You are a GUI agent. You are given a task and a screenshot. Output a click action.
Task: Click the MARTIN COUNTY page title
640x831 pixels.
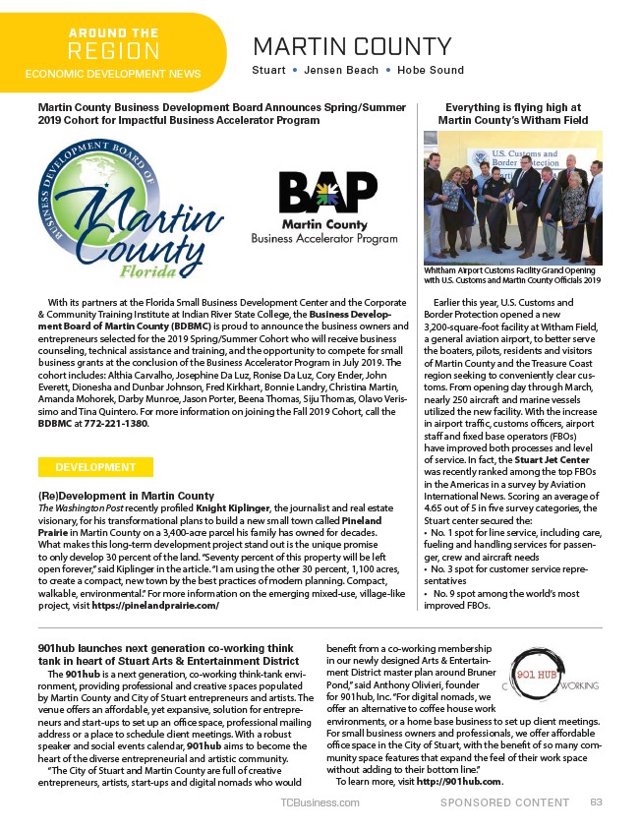[x=352, y=46]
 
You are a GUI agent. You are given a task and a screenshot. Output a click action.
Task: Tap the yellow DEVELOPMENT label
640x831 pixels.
[x=95, y=467]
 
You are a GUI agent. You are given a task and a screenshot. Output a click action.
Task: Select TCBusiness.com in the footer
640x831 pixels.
[x=320, y=802]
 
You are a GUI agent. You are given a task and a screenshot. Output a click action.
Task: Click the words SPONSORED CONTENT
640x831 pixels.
[x=504, y=802]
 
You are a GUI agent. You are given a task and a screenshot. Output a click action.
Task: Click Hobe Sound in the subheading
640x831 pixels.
[x=432, y=71]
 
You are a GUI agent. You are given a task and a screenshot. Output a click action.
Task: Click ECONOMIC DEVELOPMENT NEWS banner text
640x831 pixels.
[x=113, y=74]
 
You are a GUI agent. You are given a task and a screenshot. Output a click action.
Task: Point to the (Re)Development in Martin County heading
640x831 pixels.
[x=126, y=495]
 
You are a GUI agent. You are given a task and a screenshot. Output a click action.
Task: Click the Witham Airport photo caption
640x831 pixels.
[x=512, y=274]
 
